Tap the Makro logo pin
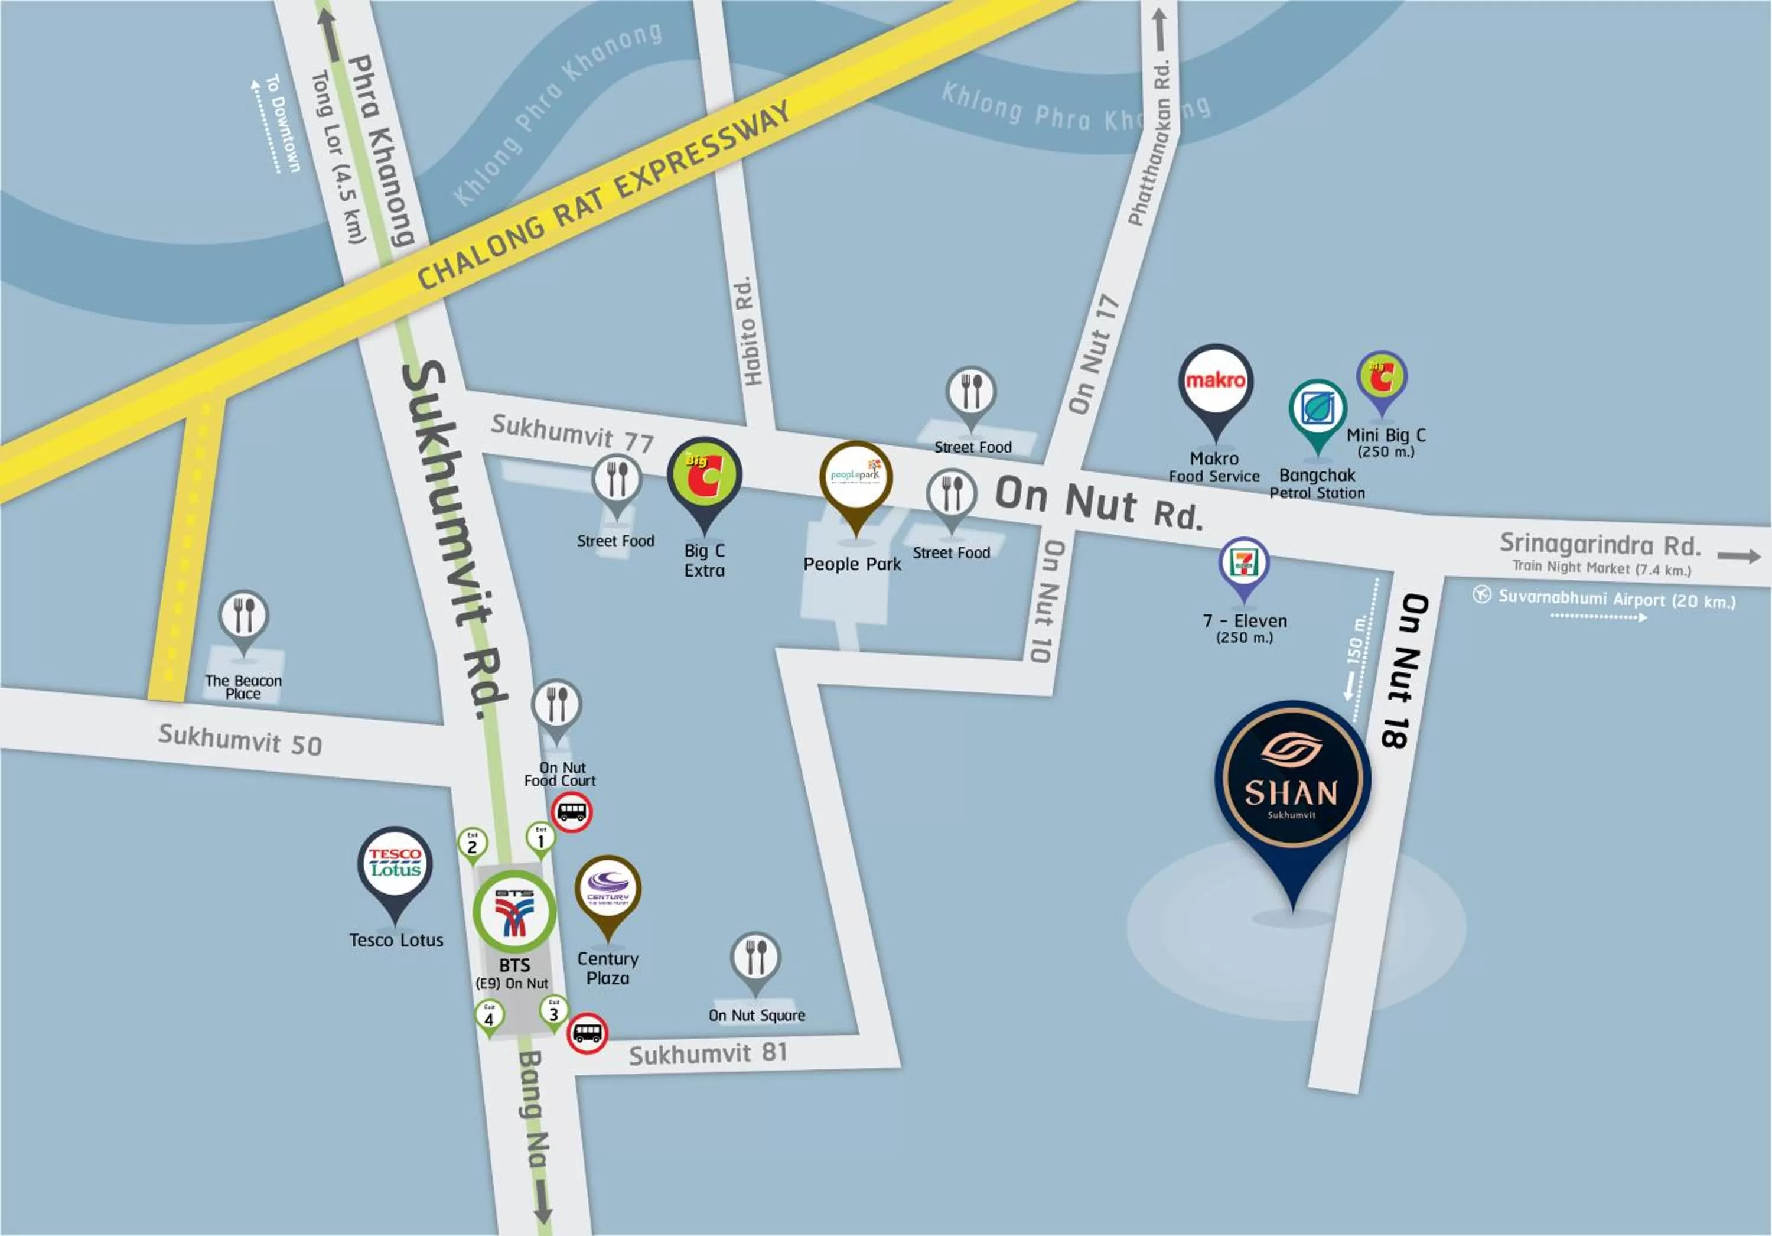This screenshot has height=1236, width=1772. tap(1215, 382)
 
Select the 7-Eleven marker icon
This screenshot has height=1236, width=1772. tap(1243, 564)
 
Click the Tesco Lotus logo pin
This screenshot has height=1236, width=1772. tap(395, 864)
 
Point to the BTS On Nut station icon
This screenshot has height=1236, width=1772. tap(514, 911)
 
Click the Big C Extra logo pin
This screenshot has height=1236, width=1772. tap(704, 476)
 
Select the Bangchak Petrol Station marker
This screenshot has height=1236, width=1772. tap(1317, 409)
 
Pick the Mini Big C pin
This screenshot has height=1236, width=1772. tap(1382, 378)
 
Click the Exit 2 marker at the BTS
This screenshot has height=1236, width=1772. tap(473, 844)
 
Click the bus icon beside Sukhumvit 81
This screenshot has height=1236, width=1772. tap(587, 1033)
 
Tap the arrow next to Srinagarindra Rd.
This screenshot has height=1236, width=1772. tap(1739, 555)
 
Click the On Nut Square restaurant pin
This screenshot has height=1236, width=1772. tap(755, 957)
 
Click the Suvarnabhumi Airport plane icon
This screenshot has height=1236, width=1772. tap(1481, 594)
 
